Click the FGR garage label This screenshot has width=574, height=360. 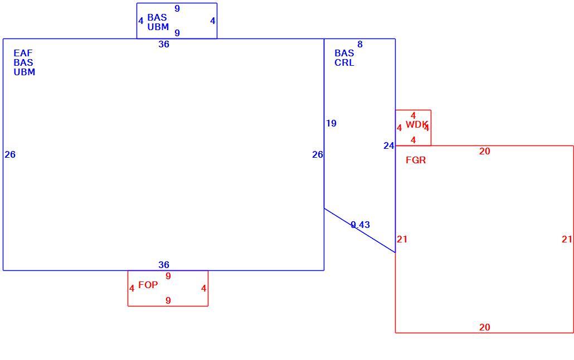pyautogui.click(x=416, y=160)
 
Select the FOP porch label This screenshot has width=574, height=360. pyautogui.click(x=148, y=285)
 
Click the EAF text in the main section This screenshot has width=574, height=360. pyautogui.click(x=23, y=53)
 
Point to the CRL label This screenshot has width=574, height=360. pyautogui.click(x=344, y=62)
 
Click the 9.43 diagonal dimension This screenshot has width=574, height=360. pyautogui.click(x=360, y=225)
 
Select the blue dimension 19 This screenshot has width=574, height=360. pyautogui.click(x=331, y=123)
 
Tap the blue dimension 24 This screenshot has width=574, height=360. pyautogui.click(x=389, y=146)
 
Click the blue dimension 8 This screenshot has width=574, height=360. pyautogui.click(x=360, y=45)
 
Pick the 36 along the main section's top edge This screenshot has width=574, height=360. pyautogui.click(x=164, y=45)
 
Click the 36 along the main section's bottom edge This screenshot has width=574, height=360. pyautogui.click(x=164, y=265)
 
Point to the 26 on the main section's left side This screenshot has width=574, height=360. pyautogui.click(x=10, y=154)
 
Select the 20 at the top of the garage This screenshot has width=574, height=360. pyautogui.click(x=485, y=151)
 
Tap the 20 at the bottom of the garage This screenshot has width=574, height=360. pyautogui.click(x=485, y=328)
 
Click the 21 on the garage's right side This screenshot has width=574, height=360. pyautogui.click(x=567, y=239)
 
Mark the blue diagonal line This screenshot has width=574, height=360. pyautogui.click(x=359, y=230)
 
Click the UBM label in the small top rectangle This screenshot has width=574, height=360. pyautogui.click(x=158, y=27)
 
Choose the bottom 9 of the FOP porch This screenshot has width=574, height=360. pyautogui.click(x=168, y=301)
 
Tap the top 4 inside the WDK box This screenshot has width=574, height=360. pyautogui.click(x=414, y=116)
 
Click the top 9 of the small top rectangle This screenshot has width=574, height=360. pyautogui.click(x=177, y=8)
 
